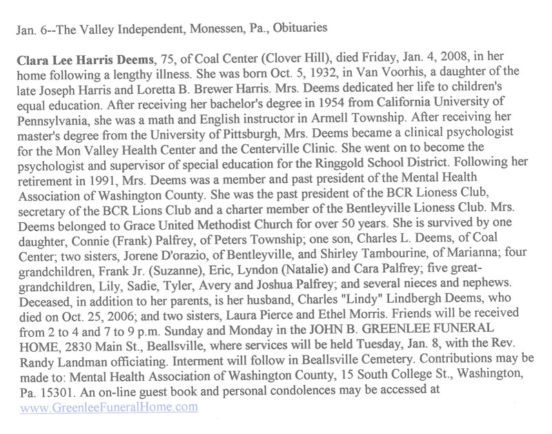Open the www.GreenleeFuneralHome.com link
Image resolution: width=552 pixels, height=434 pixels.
[109, 407]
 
